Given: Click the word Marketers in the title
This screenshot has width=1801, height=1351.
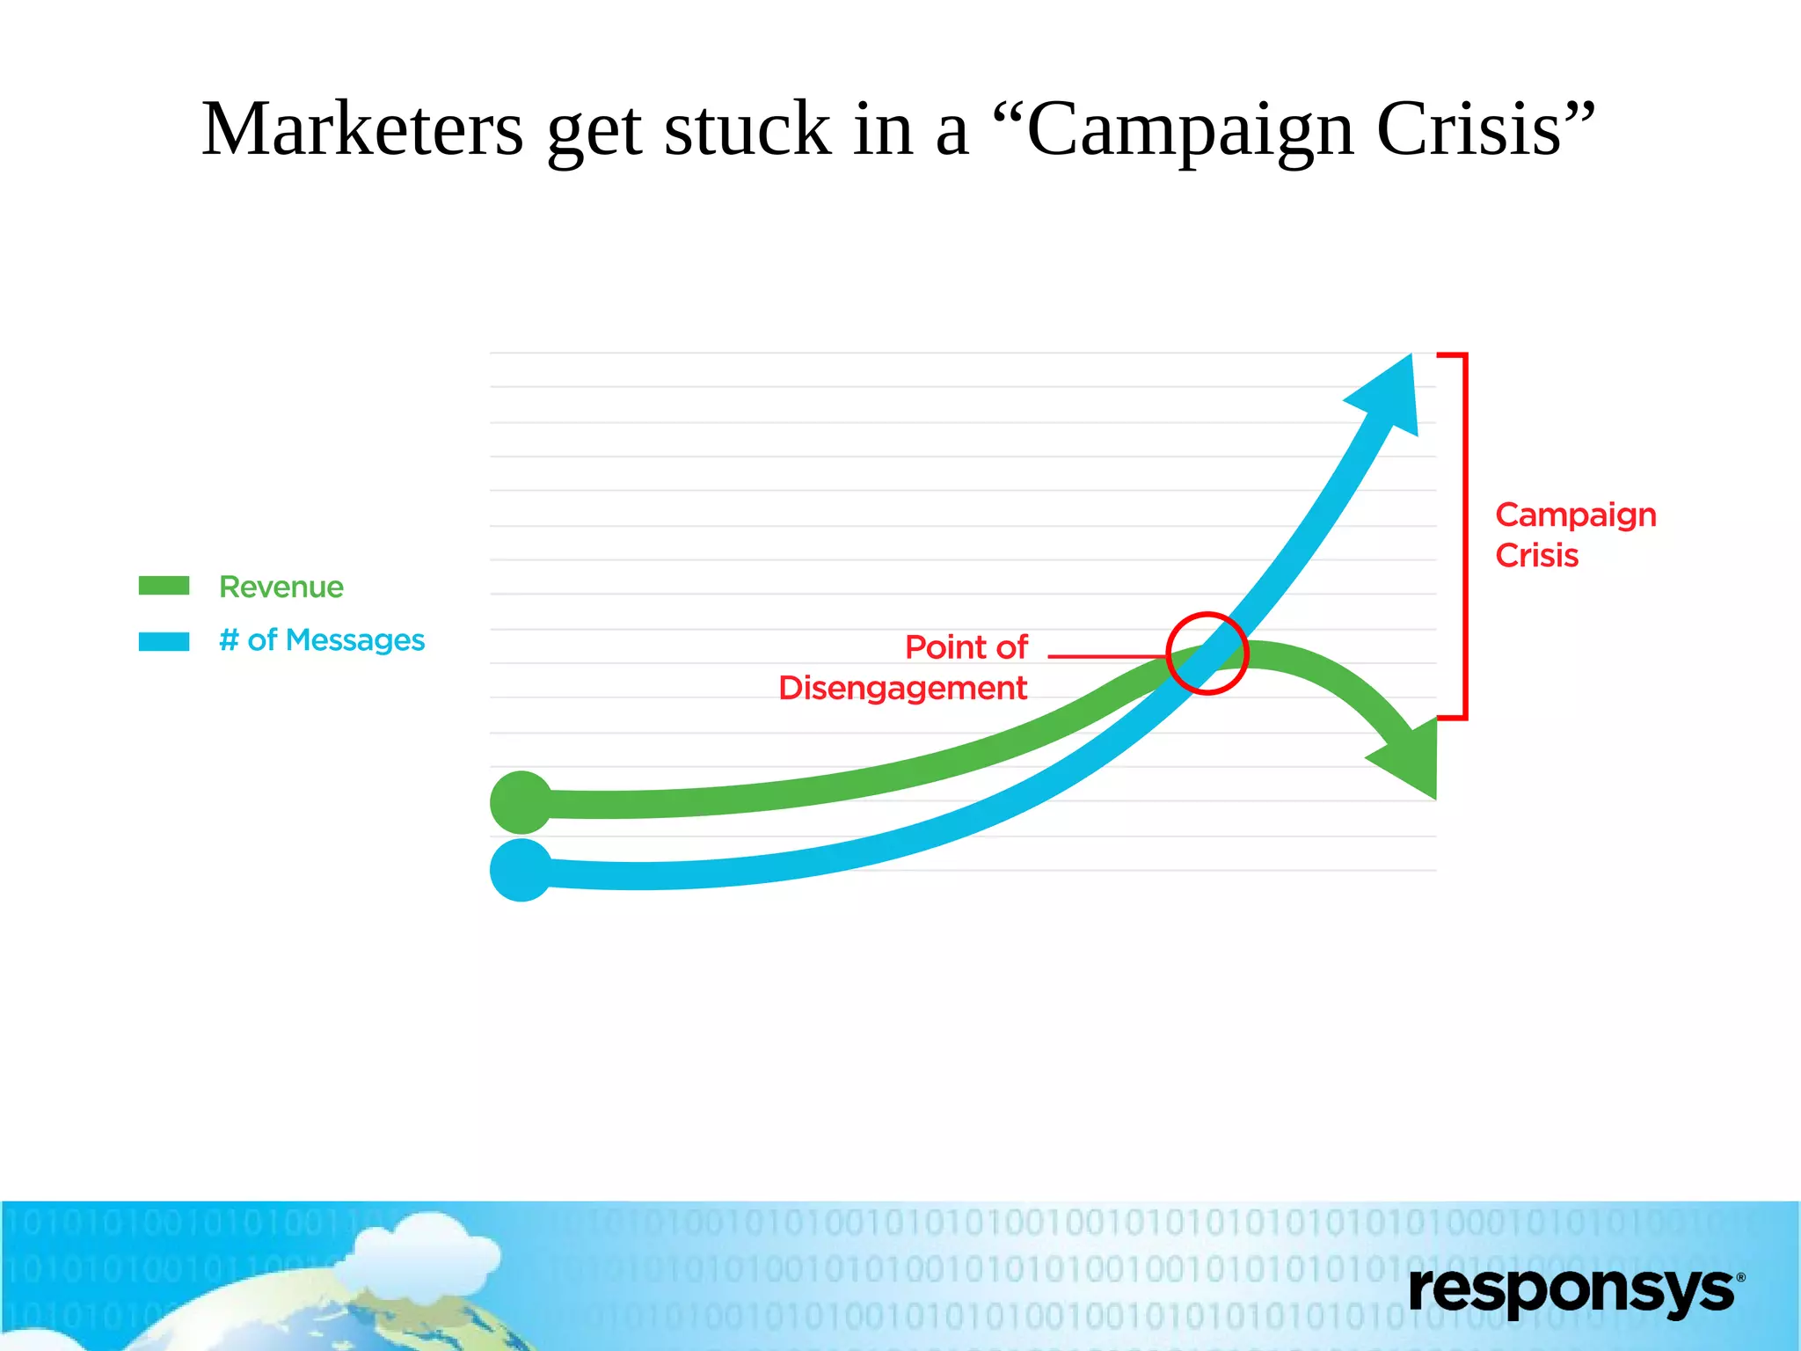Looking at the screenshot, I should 362,129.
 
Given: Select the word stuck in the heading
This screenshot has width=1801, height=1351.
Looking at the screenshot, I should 747,129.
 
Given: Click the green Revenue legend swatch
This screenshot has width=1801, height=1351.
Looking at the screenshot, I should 164,586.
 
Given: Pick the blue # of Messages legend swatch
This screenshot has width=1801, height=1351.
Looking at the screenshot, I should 164,641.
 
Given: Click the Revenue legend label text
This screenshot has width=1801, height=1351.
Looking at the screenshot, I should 281,587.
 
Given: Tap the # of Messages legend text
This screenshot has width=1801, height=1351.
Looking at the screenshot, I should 322,640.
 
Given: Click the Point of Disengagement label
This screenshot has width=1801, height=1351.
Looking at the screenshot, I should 903,668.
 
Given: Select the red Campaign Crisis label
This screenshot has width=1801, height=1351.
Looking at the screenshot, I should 1575,535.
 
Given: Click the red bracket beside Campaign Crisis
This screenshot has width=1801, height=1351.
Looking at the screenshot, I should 1464,537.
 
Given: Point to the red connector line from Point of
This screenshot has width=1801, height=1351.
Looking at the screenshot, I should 1106,656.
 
